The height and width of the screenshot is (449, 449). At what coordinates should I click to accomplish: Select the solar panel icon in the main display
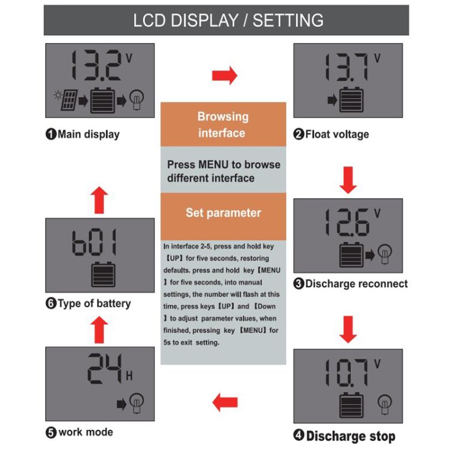(x=67, y=100)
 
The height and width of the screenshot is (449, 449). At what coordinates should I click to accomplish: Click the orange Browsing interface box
(x=223, y=125)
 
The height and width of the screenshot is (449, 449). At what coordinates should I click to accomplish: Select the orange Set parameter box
(x=223, y=213)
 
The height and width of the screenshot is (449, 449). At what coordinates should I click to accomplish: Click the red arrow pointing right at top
(x=224, y=76)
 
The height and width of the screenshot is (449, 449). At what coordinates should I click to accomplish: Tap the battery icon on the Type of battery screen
(x=100, y=275)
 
